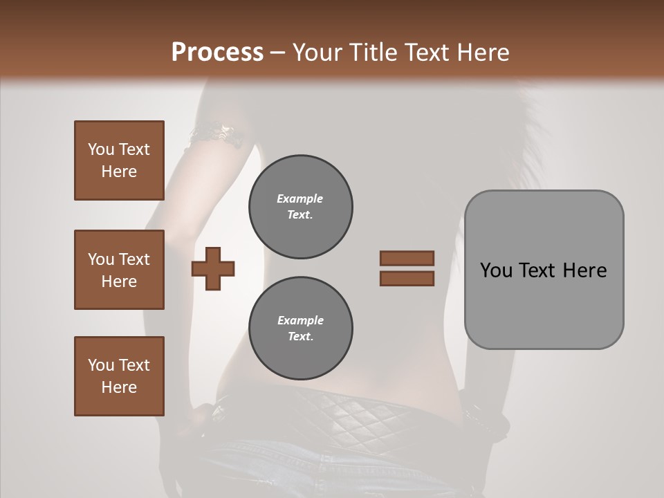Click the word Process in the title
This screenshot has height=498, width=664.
217,52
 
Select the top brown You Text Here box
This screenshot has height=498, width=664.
119,160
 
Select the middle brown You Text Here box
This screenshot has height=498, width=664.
119,270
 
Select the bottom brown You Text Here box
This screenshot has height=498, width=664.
119,376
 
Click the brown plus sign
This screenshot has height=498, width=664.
213,269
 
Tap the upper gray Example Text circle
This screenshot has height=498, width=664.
300,207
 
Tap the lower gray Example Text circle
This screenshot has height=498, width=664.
300,329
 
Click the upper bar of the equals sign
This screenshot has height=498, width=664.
407,258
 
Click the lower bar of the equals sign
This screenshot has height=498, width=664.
407,279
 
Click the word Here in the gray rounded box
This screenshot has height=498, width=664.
584,270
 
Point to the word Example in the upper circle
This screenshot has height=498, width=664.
300,199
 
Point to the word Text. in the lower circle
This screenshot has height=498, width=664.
300,337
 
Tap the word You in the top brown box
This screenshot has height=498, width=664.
101,149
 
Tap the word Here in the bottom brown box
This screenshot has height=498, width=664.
119,387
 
